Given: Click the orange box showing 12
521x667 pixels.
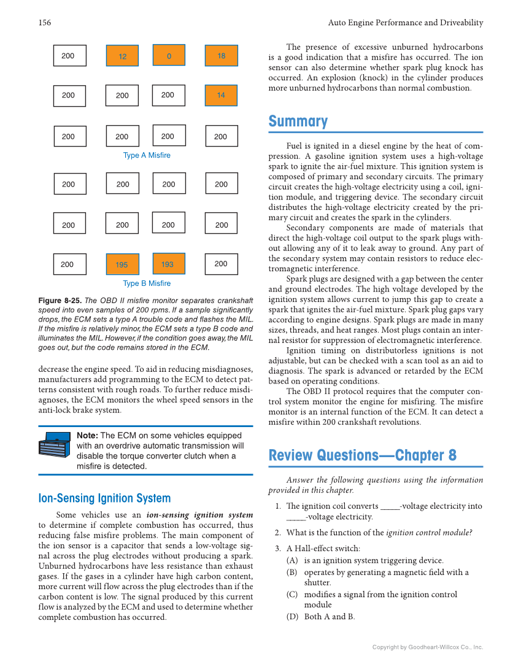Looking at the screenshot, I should point(123,56).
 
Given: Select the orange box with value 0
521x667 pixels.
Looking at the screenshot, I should point(169,56).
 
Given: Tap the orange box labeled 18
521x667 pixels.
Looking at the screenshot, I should point(221,56).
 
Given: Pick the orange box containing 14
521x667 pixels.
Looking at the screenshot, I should point(221,95).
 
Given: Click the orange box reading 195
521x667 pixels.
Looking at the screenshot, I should point(122,264).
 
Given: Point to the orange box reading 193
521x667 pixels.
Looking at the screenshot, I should point(168,264).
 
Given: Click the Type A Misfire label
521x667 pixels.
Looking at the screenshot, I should point(147,155).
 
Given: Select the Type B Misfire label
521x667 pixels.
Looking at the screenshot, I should point(147,283).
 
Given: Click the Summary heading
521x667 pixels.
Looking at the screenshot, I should point(298,121).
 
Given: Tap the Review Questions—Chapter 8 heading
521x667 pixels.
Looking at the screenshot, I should point(363,456).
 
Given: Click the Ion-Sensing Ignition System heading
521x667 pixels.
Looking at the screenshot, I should point(104,498).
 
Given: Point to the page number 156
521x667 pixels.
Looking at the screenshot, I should point(44,23).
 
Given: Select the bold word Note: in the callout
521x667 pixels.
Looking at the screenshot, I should point(87,436).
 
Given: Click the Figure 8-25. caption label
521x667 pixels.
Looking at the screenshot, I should point(59,301).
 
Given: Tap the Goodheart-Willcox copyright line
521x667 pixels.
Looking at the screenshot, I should point(428,647).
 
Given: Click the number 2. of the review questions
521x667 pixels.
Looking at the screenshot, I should point(277,533).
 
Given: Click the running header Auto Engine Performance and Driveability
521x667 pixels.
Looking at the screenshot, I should point(406,23).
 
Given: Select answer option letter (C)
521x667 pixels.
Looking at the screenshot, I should point(292,595).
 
